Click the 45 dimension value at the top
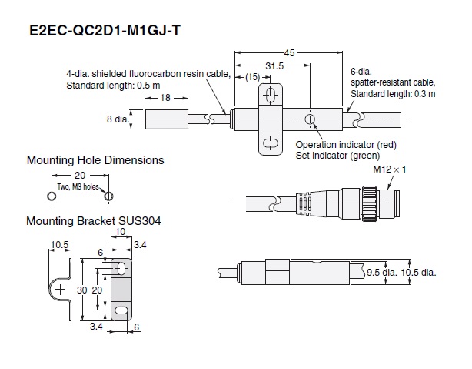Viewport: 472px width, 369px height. tap(289, 53)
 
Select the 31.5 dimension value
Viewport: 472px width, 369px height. tap(274, 68)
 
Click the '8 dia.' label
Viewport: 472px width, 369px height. tap(116, 119)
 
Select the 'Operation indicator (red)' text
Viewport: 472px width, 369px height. tap(346, 145)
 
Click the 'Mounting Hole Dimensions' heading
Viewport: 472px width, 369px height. tap(95, 161)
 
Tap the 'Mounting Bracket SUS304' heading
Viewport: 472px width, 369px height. tap(94, 221)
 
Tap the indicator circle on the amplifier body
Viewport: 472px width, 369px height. tap(310, 119)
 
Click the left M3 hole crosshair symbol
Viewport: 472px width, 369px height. tap(51, 196)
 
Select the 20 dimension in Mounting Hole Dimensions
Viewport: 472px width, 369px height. tap(79, 176)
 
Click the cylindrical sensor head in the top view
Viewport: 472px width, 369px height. tap(162, 119)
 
